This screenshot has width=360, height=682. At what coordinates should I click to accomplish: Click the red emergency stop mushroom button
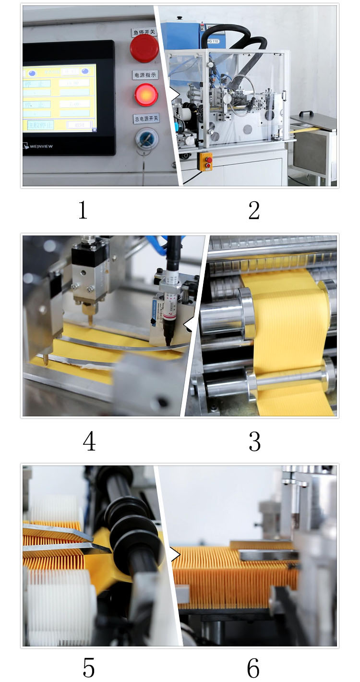pos(144,49)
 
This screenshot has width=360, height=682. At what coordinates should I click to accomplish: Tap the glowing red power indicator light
pos(146,95)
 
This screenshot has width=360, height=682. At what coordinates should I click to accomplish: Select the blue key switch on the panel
pos(144,138)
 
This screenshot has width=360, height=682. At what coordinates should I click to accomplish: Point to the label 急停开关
pos(145,32)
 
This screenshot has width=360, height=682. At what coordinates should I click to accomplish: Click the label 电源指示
pos(145,75)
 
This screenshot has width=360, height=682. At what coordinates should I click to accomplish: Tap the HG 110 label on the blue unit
pos(214,41)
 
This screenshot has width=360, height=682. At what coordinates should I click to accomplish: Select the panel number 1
pos(83,210)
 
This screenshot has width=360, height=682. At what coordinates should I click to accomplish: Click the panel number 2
pos(254,210)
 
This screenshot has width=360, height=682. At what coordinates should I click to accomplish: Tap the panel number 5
pos(89,668)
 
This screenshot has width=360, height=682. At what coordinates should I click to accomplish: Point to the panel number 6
pos(253,668)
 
